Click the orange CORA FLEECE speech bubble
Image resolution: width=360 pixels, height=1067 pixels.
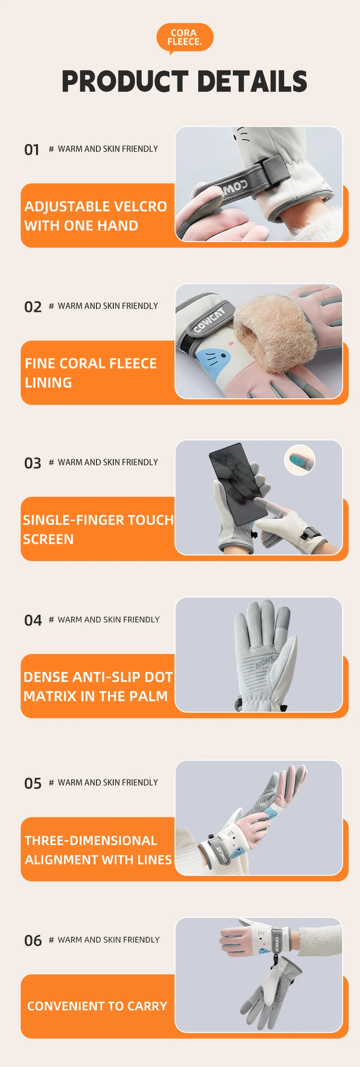(x=185, y=38)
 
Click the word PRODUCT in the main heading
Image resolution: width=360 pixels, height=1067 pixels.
(x=125, y=81)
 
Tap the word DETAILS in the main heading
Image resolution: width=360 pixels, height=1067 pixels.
(x=252, y=81)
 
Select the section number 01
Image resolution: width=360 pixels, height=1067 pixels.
(x=32, y=150)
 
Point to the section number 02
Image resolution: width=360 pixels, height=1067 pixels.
(x=33, y=307)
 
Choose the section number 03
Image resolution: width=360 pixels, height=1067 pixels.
(x=33, y=463)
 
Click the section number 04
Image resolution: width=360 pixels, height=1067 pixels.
(x=33, y=620)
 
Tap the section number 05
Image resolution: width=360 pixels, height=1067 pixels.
(x=33, y=783)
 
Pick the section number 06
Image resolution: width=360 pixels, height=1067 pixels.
(x=33, y=940)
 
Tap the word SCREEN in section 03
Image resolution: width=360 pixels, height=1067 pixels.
(x=48, y=539)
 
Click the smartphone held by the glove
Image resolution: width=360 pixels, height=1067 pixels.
(x=236, y=482)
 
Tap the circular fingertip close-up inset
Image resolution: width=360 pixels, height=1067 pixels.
(x=300, y=460)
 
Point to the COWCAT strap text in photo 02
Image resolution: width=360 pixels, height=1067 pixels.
(x=209, y=320)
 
